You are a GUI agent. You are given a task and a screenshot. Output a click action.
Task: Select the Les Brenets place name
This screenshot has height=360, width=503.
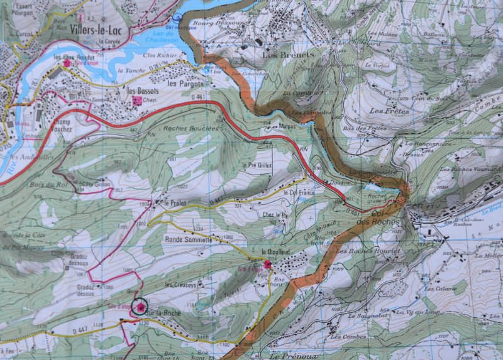pos(287,55)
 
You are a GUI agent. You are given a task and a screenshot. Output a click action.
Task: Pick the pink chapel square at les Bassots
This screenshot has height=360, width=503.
pos(136,99)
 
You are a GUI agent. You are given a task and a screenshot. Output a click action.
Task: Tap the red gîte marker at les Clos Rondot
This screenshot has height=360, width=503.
pos(67,63)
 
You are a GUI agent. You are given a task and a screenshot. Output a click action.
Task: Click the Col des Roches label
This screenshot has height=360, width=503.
pos(385,218)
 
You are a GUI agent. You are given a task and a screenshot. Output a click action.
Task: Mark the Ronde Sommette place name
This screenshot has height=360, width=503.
pos(189,239)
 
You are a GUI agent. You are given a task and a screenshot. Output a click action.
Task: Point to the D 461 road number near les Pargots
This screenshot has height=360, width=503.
pos(197,97)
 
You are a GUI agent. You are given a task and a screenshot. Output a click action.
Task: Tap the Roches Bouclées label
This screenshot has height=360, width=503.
pos(191,128)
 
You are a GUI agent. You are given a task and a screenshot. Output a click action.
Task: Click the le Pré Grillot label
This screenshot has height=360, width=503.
pos(256,165)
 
